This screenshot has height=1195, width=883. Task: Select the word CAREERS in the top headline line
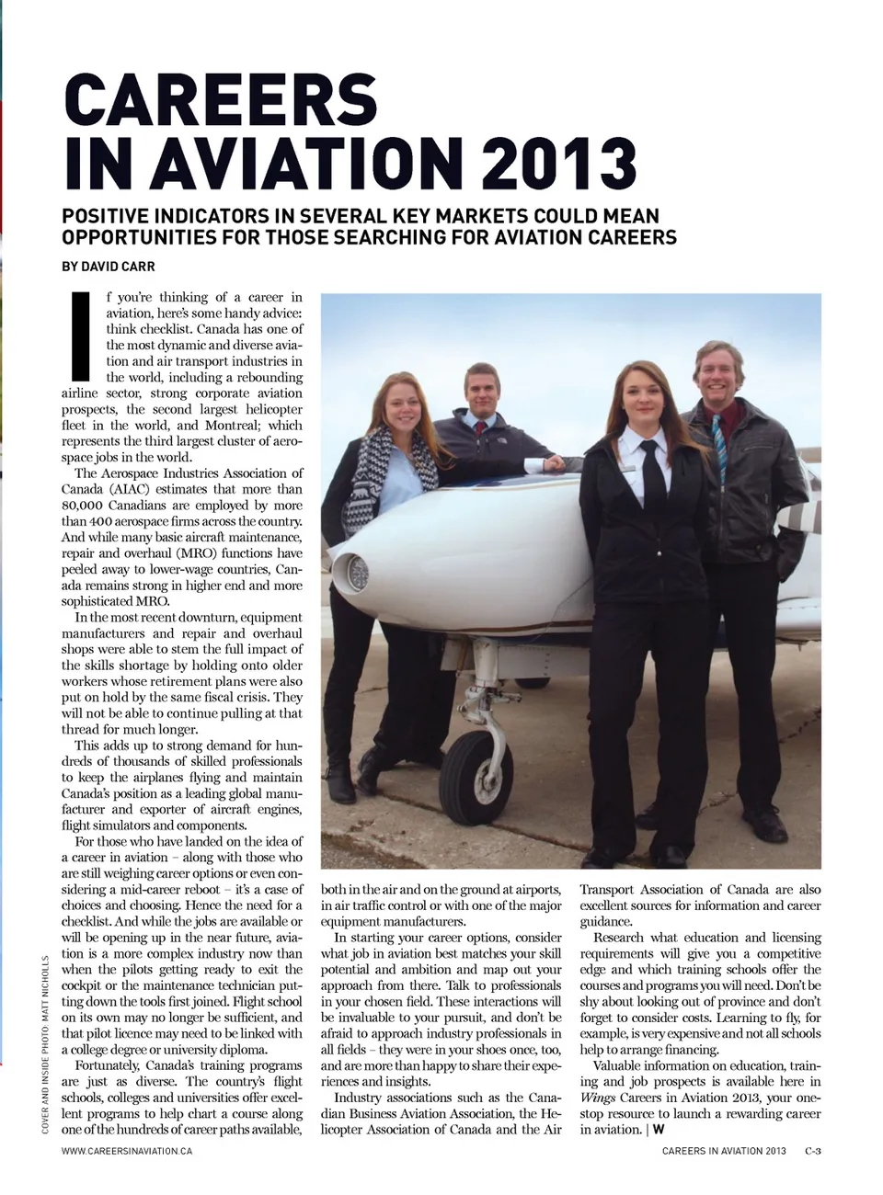tap(221, 98)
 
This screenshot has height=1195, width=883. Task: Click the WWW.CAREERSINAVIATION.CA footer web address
tap(127, 1151)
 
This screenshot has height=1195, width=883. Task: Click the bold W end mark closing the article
tap(659, 1130)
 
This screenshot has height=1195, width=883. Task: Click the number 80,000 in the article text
tap(87, 505)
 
